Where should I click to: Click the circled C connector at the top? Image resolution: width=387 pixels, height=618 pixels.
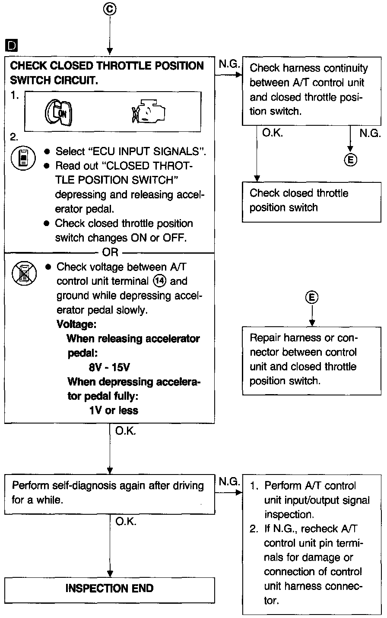110,9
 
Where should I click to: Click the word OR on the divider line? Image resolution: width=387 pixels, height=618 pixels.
110,252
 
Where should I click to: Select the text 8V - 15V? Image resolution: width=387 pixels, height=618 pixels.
109,367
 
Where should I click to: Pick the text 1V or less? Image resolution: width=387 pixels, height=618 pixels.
114,410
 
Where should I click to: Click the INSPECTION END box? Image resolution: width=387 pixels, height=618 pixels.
110,588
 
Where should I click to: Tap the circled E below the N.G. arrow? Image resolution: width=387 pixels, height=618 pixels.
350,160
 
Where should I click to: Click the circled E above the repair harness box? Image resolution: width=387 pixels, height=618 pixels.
311,297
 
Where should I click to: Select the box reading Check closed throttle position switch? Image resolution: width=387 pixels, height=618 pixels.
311,201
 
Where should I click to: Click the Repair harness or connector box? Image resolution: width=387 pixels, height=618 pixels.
311,359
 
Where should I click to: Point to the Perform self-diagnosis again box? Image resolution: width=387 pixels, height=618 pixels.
110,493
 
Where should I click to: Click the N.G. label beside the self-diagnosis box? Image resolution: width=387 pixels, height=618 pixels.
229,481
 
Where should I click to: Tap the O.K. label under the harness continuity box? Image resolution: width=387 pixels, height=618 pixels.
272,134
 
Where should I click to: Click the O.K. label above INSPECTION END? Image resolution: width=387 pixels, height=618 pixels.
126,522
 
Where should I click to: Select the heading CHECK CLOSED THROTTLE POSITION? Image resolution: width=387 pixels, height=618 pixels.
107,66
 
